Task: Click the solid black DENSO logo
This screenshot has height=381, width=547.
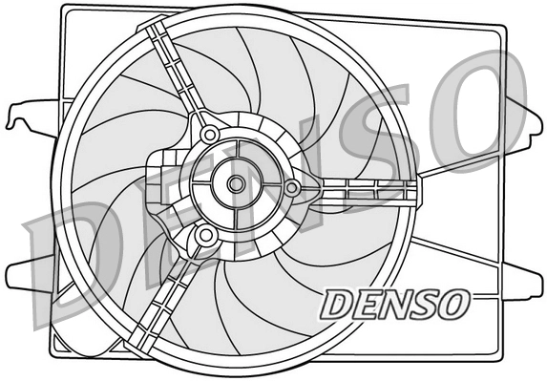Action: click(x=393, y=305)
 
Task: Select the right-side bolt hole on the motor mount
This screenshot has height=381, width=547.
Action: click(x=292, y=187)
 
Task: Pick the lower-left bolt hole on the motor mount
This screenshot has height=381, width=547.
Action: click(x=204, y=235)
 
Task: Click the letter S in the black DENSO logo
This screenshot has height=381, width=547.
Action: click(x=422, y=305)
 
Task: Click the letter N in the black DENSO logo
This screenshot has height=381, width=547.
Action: click(x=392, y=305)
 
